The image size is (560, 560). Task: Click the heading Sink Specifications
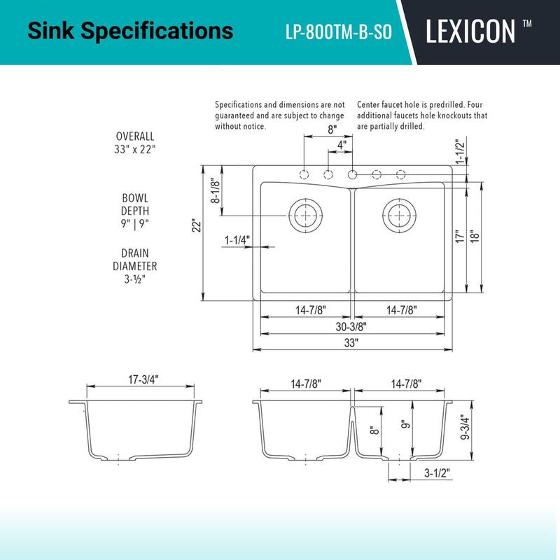(x=129, y=31)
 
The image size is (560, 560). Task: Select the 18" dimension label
(x=474, y=237)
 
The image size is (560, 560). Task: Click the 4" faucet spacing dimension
(x=341, y=145)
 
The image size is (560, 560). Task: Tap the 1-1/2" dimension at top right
(x=461, y=151)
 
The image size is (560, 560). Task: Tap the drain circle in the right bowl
(x=398, y=213)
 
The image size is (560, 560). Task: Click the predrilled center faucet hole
(x=352, y=174)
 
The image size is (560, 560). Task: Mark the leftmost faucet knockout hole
(x=304, y=174)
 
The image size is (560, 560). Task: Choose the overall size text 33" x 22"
(x=135, y=149)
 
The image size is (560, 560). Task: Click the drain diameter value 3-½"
(x=135, y=279)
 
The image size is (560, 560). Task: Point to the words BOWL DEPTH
(x=135, y=204)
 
